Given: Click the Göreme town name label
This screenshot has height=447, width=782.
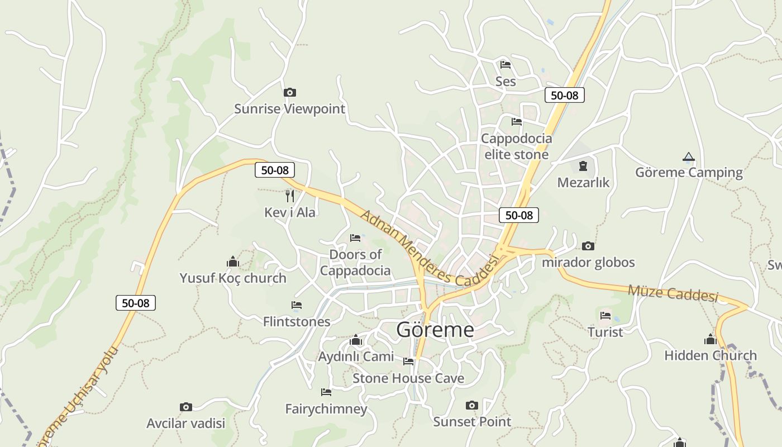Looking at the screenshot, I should point(435,330).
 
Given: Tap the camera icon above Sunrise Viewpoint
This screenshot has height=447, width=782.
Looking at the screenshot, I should point(289,93).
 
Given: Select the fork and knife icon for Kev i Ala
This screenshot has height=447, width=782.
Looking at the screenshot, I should point(289,196).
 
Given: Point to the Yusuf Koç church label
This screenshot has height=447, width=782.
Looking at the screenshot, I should point(233,278).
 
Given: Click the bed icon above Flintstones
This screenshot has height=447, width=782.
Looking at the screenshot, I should point(297,305).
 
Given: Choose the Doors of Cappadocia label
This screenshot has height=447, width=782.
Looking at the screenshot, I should point(355,263).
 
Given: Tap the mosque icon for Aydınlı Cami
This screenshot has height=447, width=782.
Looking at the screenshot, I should point(356,340).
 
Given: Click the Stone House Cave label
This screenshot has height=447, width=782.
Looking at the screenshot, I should point(408,378).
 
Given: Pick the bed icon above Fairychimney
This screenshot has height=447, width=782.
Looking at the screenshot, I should point(326,392).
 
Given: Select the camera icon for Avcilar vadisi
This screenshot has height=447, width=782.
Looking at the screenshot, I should point(186,407).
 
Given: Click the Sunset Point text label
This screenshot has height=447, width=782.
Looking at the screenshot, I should point(472,421).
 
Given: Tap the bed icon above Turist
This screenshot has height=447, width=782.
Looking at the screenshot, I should point(605,316).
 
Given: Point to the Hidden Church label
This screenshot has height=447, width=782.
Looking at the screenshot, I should point(710,355).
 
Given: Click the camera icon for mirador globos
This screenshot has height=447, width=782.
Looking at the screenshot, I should point(588,246).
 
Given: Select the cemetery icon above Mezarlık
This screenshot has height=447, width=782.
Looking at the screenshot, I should point(583,166).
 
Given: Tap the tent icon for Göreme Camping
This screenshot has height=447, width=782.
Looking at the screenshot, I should point(688,157).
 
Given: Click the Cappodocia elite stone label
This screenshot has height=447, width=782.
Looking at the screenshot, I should point(516,146).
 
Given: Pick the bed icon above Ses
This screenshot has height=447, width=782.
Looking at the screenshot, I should point(506,65).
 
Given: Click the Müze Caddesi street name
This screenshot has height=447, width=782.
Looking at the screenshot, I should point(673,293).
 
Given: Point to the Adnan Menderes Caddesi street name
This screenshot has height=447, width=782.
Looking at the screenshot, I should point(428,249).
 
